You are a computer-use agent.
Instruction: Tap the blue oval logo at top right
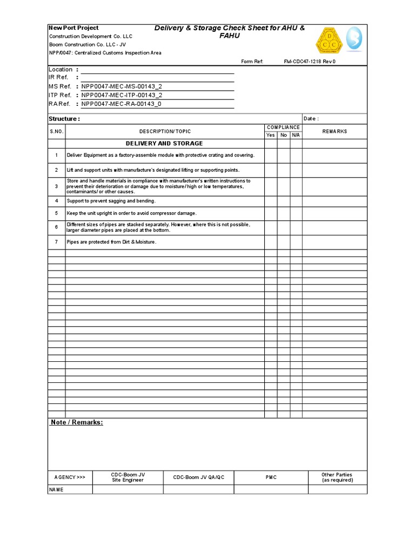pos(354,39)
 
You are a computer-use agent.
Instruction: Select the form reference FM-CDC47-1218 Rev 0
pos(310,62)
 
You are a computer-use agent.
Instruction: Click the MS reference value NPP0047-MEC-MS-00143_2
pos(122,86)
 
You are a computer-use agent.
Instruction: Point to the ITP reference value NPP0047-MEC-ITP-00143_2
pos(122,95)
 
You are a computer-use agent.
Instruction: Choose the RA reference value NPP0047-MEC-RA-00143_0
pos(121,104)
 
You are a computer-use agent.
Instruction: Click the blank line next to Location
pos(157,70)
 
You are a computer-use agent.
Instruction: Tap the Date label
pos(311,119)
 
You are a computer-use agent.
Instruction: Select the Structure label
pos(64,119)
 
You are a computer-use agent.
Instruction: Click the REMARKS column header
pos(334,131)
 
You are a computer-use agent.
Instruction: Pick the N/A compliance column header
pos(296,135)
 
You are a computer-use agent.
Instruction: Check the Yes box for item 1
pos(270,156)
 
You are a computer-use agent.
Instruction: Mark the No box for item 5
pos(284,213)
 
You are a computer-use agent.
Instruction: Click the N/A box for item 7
pos(296,242)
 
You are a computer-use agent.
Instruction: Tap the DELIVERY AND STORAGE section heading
pos(164,144)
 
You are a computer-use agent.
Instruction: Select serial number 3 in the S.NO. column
pos(56,186)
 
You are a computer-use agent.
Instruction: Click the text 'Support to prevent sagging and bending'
pos(111,201)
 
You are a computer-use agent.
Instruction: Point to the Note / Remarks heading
pos(77,422)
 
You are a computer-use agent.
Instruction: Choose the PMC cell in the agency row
pos(271,477)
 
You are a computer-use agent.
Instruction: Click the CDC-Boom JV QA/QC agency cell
pos(198,477)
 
